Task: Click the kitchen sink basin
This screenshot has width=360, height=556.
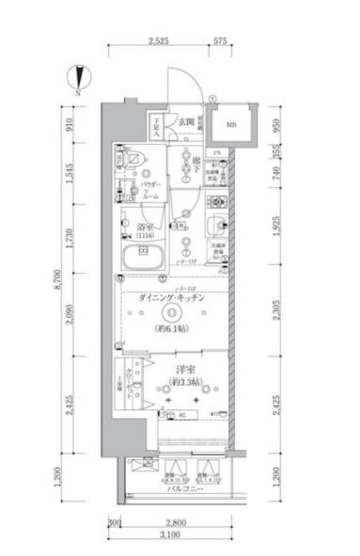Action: [218, 224]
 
